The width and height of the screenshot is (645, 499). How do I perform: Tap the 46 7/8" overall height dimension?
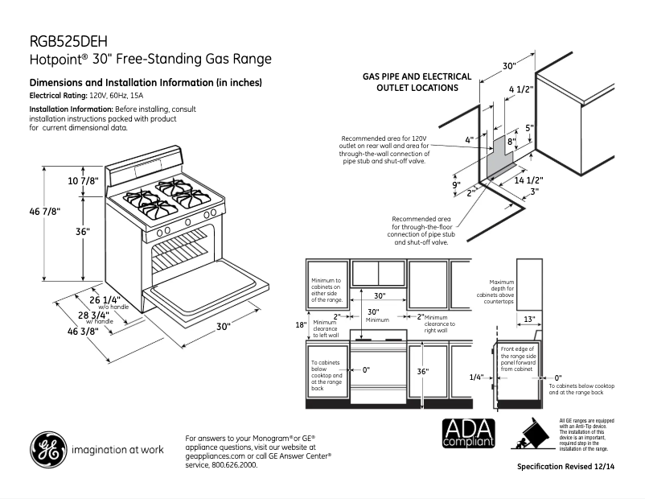pos(45,211)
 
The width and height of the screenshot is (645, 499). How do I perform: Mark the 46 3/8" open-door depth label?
pos(83,332)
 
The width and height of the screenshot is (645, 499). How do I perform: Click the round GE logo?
pos(48,451)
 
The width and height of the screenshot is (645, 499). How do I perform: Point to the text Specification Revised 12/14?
pos(570,467)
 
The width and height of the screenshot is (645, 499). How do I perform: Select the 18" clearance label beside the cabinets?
pos(300,325)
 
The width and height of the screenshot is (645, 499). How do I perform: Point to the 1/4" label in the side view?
pos(477,377)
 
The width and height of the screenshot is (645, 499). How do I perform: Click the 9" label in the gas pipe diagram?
pos(455,184)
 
